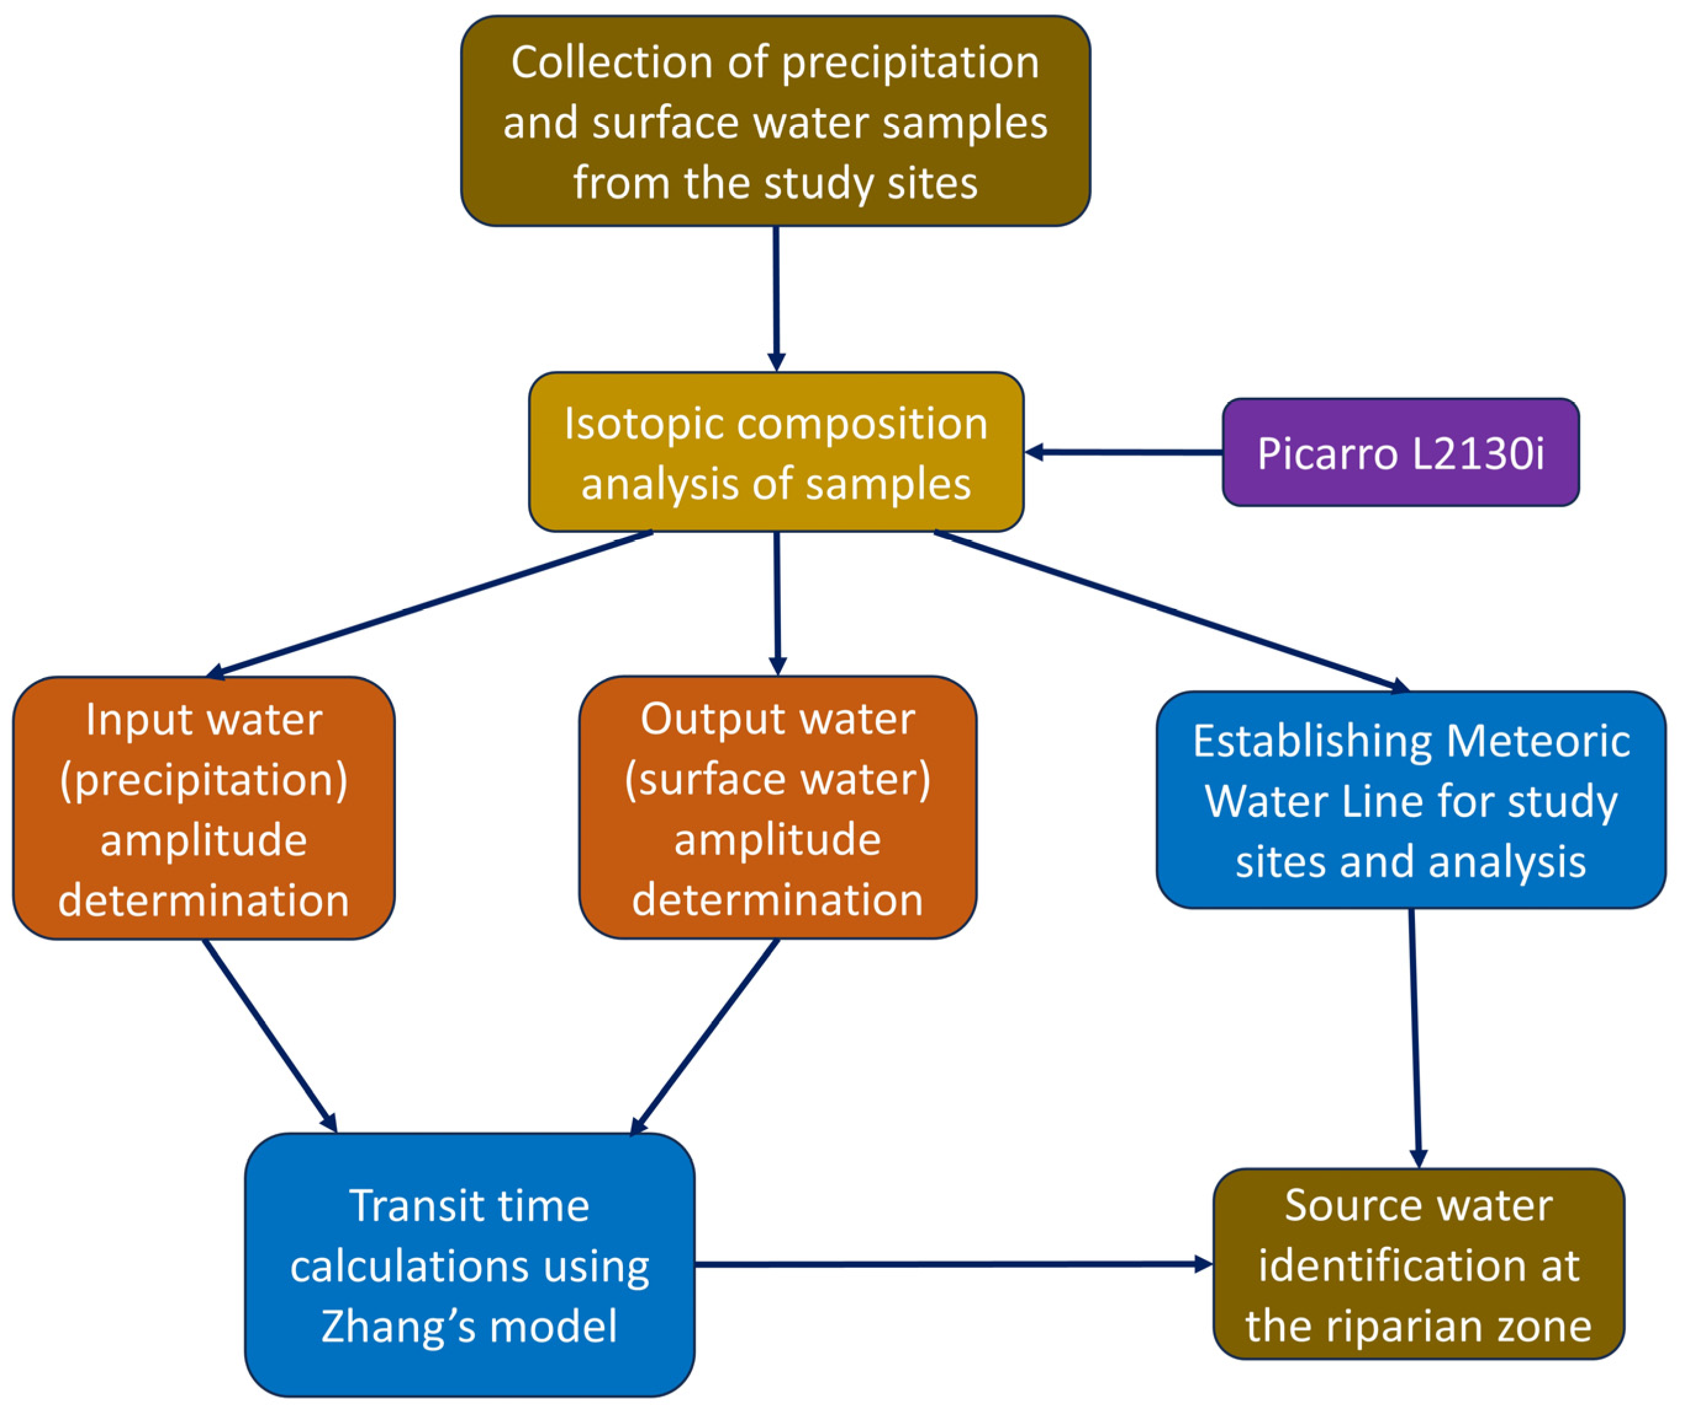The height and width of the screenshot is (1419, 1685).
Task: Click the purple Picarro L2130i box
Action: (x=1399, y=452)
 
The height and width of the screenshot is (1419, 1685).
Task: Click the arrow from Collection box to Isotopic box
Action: (x=776, y=297)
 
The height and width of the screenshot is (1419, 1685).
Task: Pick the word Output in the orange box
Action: (x=696, y=718)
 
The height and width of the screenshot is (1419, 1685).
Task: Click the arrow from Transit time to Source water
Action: (x=953, y=1265)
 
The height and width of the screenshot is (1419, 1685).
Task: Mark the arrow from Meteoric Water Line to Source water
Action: (x=1415, y=1038)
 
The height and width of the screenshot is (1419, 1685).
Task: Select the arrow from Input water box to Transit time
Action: (x=270, y=1035)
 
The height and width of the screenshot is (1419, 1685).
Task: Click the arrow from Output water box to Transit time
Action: (x=706, y=1035)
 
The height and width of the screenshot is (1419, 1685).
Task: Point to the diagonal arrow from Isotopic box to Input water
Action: (x=431, y=603)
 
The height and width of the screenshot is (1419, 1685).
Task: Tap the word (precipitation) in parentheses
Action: (x=204, y=779)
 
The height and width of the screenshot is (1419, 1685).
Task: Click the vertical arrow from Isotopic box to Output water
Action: (x=777, y=603)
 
